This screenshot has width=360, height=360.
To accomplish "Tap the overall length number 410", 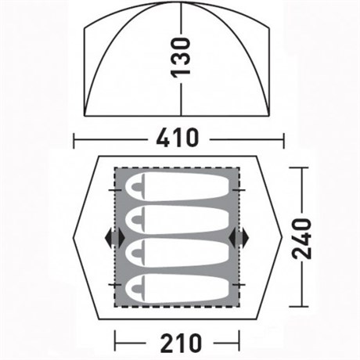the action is [178, 138].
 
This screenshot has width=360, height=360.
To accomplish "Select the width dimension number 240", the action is [302, 239].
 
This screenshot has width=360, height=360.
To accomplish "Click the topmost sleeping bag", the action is [178, 187].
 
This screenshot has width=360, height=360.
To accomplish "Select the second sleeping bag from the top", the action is [178, 220].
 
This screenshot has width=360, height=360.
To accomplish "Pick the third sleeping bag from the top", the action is [178, 253].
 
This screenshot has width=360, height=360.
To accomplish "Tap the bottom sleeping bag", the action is [178, 288].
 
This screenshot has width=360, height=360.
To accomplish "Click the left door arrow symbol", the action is [114, 237].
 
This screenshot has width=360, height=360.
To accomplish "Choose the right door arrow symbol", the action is [239, 237].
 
